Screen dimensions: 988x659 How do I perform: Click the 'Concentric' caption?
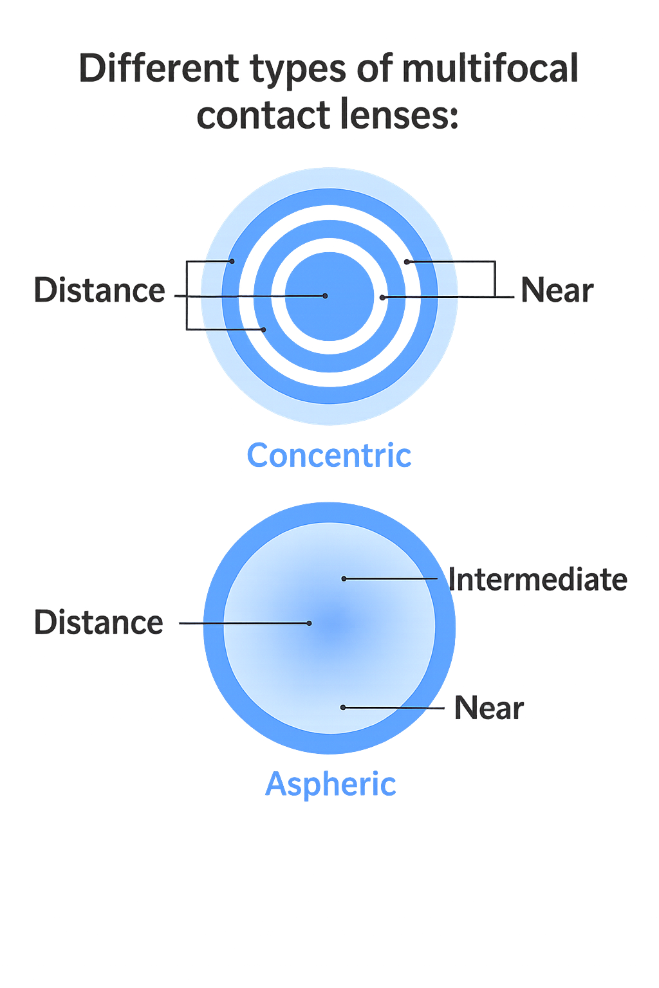click(329, 456)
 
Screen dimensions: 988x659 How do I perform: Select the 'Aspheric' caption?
click(331, 785)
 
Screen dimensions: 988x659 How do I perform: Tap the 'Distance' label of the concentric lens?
click(100, 290)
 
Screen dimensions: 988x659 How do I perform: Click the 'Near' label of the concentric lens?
click(557, 290)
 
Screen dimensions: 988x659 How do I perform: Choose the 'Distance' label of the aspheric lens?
click(98, 623)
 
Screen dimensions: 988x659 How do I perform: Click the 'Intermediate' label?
click(537, 580)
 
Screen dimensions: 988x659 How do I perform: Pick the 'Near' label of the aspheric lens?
click(489, 708)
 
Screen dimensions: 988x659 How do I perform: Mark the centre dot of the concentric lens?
click(325, 296)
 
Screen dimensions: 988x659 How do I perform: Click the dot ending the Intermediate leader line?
click(344, 579)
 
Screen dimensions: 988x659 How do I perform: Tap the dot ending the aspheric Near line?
click(343, 708)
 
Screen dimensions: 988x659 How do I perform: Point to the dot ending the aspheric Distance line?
click(310, 623)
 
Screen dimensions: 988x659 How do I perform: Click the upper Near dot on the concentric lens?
click(407, 262)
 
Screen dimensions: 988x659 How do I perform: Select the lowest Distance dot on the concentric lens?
click(263, 329)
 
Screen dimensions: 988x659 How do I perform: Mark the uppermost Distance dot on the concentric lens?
click(232, 261)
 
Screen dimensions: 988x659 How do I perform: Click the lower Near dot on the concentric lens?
click(382, 297)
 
